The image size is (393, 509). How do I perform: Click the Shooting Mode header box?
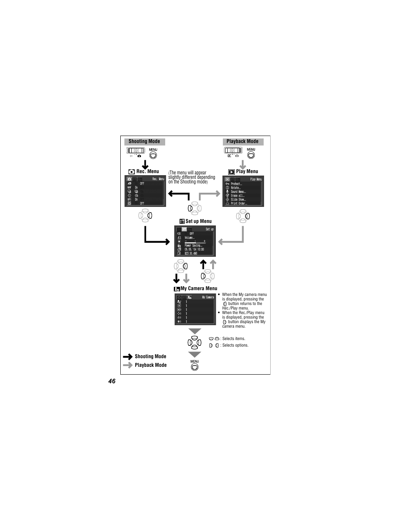[144, 141]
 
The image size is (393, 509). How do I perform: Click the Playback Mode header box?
[242, 141]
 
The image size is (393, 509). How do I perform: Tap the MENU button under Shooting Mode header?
[153, 155]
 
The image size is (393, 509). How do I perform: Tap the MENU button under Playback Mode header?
[251, 155]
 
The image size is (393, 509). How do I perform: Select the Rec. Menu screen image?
[145, 191]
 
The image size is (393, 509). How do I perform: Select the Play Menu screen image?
[243, 191]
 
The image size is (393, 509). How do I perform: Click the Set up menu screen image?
[195, 241]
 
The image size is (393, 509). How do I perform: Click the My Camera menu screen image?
[195, 309]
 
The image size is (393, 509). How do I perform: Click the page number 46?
[112, 381]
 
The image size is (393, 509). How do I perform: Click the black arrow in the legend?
[128, 357]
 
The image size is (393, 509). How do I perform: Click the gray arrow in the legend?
[128, 365]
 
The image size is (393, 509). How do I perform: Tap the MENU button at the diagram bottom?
[195, 367]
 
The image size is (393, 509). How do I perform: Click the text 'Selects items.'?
[234, 339]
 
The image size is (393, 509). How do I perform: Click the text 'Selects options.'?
[235, 345]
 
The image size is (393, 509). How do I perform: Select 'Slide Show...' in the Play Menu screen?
[238, 199]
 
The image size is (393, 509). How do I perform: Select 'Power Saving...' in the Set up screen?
[193, 246]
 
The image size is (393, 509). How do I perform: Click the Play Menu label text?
[247, 171]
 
